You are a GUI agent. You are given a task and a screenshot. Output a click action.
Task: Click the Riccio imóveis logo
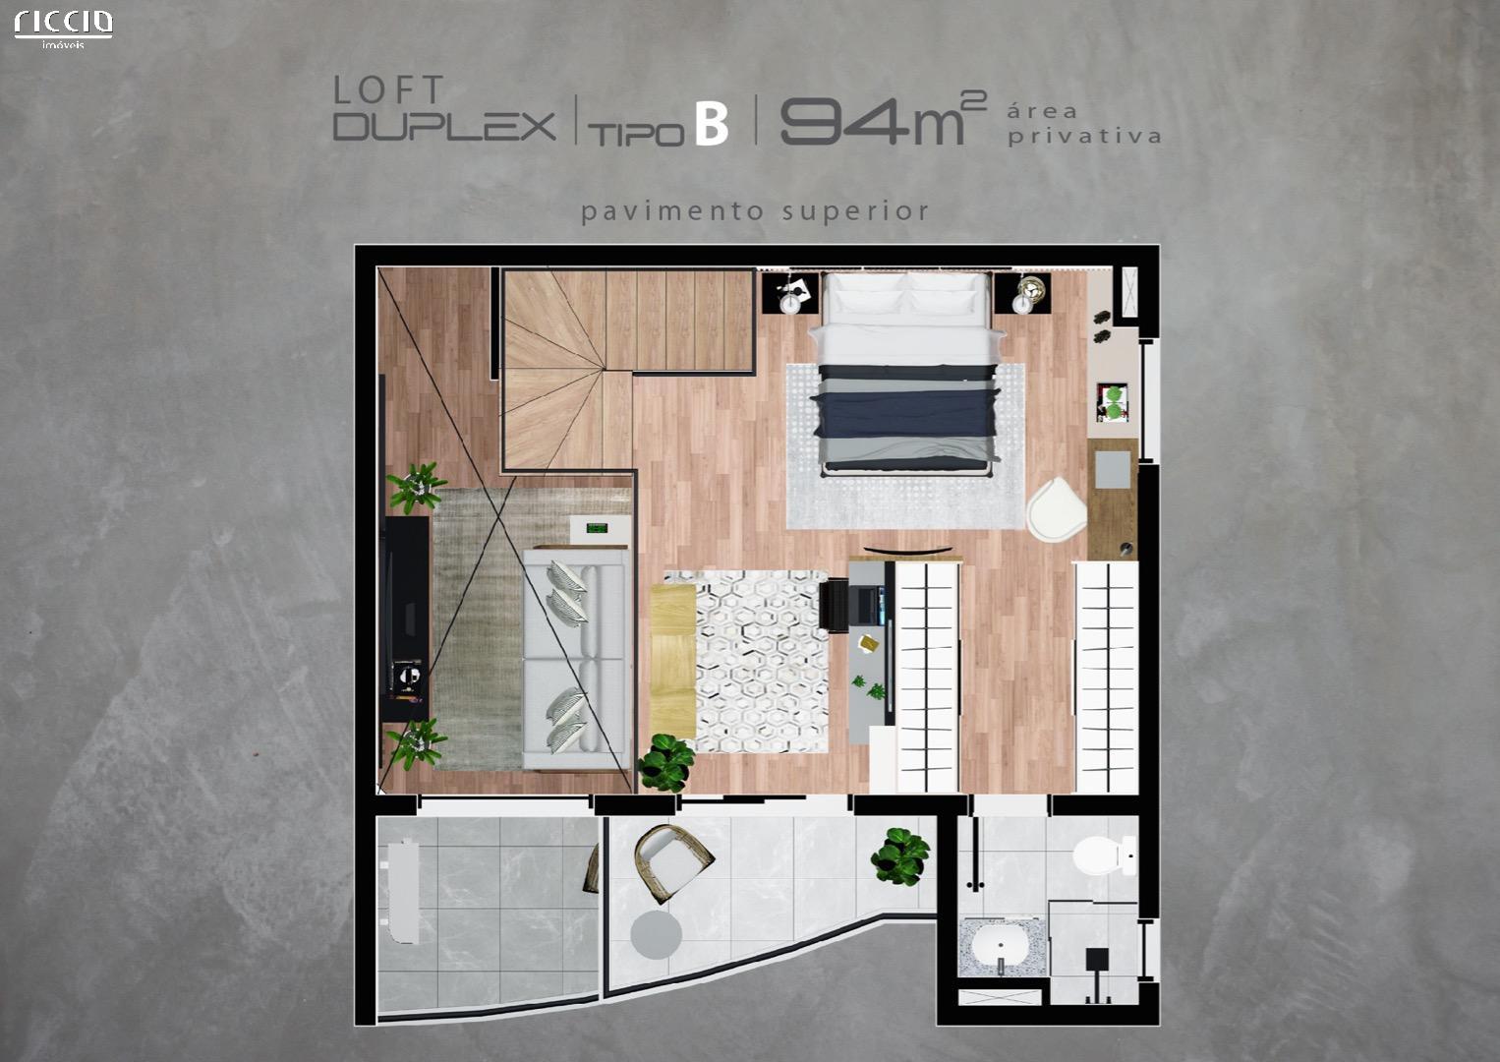64,29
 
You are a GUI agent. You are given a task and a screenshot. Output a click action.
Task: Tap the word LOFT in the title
388,90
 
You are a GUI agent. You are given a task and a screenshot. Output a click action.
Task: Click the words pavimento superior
755,211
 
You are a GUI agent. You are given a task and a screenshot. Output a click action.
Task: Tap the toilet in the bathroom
1105,855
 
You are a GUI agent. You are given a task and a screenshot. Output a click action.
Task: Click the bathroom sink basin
1001,945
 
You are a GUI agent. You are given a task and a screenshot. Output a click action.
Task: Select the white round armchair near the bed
1057,507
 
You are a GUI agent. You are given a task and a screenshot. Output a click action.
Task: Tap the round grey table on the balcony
657,933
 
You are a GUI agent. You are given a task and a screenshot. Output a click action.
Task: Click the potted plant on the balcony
900,856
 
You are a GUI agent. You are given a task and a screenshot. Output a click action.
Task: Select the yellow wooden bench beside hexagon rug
673,662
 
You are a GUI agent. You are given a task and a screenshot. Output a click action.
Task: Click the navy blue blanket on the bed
904,413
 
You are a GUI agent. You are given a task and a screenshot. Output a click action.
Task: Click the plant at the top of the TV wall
417,486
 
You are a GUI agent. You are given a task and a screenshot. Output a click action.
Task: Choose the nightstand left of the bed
791,292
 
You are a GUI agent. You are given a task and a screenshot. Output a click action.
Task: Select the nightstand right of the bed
1022,293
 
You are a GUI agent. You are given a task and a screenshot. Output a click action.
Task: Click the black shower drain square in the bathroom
1096,959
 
